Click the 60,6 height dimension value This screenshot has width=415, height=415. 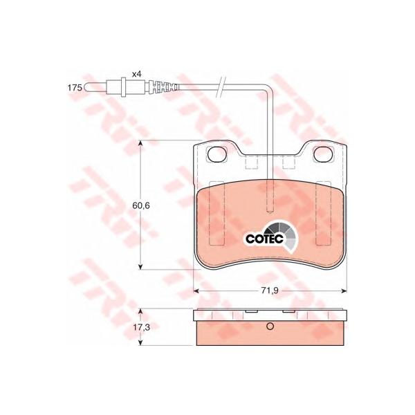(141, 205)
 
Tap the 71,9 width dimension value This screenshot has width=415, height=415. (270, 290)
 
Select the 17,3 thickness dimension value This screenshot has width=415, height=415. (141, 327)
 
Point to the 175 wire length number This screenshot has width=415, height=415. (75, 88)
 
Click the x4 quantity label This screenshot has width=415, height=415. (136, 74)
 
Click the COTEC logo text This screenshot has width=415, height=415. (264, 239)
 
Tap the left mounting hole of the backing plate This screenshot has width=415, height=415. (217, 154)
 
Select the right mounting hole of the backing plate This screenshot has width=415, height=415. (323, 154)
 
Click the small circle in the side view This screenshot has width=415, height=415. (270, 326)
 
